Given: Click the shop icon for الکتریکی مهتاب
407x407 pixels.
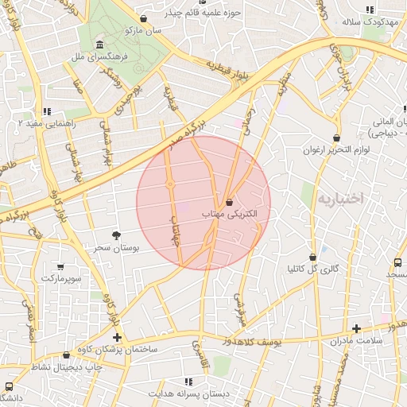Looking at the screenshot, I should pyautogui.click(x=230, y=203).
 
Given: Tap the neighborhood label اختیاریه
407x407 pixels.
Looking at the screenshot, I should pyautogui.click(x=339, y=198).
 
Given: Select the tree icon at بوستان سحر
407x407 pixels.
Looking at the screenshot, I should pyautogui.click(x=117, y=235).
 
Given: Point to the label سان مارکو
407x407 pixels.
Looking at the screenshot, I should pyautogui.click(x=143, y=29).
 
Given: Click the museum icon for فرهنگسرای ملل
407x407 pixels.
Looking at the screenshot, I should pyautogui.click(x=99, y=45).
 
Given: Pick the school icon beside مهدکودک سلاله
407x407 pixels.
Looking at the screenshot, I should pyautogui.click(x=369, y=10).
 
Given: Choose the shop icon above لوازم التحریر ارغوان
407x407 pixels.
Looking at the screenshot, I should pyautogui.click(x=337, y=138).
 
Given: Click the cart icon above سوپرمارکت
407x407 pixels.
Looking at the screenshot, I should pyautogui.click(x=60, y=266).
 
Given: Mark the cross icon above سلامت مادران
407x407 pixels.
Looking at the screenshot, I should pyautogui.click(x=356, y=328).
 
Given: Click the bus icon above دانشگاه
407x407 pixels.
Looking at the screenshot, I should pyautogui.click(x=9, y=386).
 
